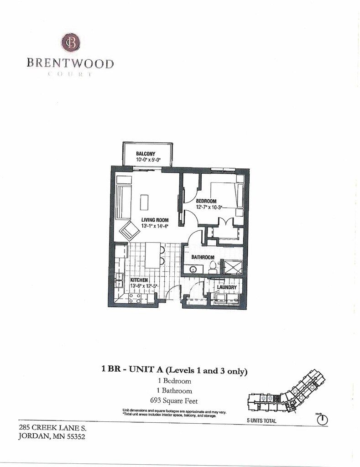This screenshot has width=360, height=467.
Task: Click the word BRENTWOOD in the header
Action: point(70,63)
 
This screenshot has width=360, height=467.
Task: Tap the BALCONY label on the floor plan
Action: point(146,154)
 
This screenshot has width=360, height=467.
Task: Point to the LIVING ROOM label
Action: point(155,220)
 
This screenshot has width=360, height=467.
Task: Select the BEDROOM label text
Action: point(206,201)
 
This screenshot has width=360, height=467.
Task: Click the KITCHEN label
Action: point(139,280)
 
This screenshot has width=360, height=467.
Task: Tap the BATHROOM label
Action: point(203,257)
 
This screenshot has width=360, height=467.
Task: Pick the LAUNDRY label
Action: point(227,287)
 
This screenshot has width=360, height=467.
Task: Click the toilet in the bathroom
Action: point(213,269)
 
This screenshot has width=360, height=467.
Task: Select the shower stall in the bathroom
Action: point(231,267)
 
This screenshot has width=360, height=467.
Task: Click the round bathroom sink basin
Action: point(193,270)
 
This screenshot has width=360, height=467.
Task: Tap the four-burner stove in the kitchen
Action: point(134,298)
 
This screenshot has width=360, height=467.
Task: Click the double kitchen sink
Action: point(118,280)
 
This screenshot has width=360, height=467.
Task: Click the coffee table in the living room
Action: point(145,202)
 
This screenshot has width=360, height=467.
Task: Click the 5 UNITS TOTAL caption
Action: point(261,421)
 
